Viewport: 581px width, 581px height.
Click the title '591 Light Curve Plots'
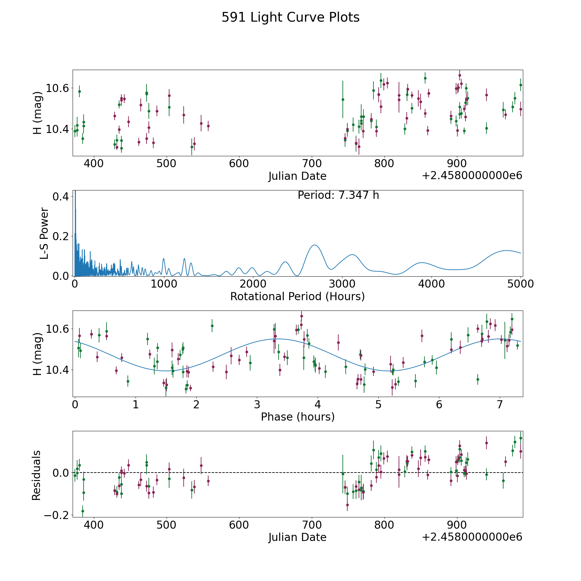tap(290, 17)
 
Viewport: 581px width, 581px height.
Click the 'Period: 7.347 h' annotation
tap(338, 195)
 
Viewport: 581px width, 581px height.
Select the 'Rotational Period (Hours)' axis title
tap(297, 296)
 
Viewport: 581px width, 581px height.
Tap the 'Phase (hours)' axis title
tap(298, 417)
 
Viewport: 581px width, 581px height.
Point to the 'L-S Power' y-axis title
tap(45, 233)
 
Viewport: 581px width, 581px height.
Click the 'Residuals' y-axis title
tap(36, 475)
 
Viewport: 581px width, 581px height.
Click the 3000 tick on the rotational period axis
tap(342, 284)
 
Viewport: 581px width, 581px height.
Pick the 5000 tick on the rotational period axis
tap(520, 284)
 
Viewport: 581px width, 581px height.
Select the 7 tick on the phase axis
tap(500, 404)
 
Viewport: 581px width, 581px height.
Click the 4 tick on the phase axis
tap(318, 404)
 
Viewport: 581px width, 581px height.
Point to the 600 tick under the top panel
tap(239, 164)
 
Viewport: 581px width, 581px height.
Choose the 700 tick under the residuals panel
tap(312, 525)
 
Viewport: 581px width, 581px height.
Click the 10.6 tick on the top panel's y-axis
tap(58, 88)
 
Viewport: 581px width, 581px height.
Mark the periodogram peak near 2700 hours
tap(315, 245)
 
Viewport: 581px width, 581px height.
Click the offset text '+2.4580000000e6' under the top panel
tap(472, 176)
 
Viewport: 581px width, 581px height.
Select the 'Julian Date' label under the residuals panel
tap(297, 537)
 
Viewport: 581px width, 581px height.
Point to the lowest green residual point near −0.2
tap(83, 511)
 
